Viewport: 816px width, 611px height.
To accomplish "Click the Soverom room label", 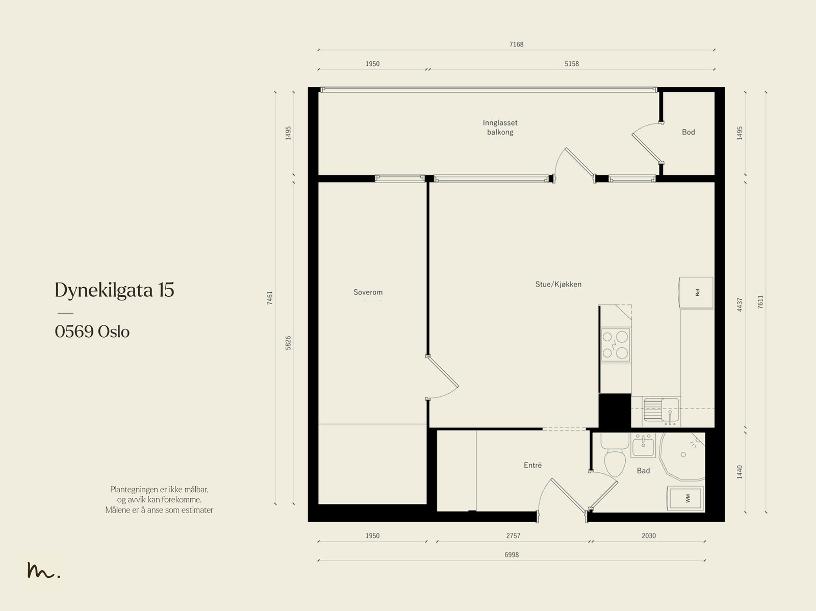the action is [x=368, y=292].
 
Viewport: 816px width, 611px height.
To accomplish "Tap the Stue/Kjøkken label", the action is [x=558, y=284].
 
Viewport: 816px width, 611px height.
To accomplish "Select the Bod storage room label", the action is [x=688, y=132].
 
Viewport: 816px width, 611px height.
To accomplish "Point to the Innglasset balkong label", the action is [x=500, y=127].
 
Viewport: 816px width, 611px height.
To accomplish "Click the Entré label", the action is [x=532, y=465].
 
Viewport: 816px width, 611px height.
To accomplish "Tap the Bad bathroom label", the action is [x=643, y=471].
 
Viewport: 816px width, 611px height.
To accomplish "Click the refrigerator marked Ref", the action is [x=696, y=292].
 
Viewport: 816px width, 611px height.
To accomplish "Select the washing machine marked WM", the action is [x=685, y=498].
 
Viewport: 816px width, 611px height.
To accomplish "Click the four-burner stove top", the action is [x=616, y=345].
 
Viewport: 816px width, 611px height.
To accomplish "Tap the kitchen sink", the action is [x=661, y=410].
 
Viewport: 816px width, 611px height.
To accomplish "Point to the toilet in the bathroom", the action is [x=614, y=455].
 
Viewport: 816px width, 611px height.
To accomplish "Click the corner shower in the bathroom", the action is [x=682, y=456].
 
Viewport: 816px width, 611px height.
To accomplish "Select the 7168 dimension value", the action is [x=516, y=44].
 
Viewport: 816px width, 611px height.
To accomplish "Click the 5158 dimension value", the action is [x=571, y=64].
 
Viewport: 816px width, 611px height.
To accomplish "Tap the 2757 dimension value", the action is [x=513, y=536].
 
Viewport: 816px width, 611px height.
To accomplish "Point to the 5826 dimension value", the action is [x=288, y=343].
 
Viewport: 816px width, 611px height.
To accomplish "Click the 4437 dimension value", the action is [x=739, y=304].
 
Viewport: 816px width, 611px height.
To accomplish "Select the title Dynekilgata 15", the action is [x=115, y=290].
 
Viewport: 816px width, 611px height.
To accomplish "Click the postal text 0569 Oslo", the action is [x=92, y=332].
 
